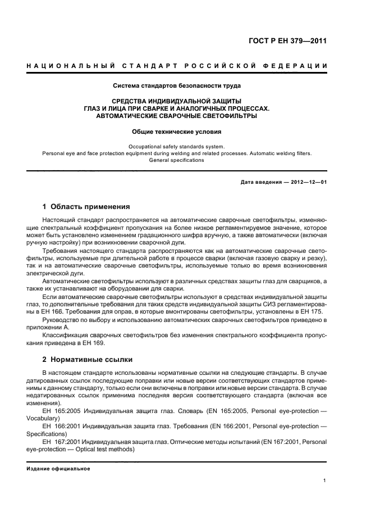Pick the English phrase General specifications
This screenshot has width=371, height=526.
[x=177, y=160]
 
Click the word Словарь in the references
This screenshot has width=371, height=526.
[x=174, y=411]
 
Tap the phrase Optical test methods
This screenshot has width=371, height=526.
[x=98, y=450]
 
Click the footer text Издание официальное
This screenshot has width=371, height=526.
[x=58, y=469]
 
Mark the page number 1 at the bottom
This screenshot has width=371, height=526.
[x=325, y=480]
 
